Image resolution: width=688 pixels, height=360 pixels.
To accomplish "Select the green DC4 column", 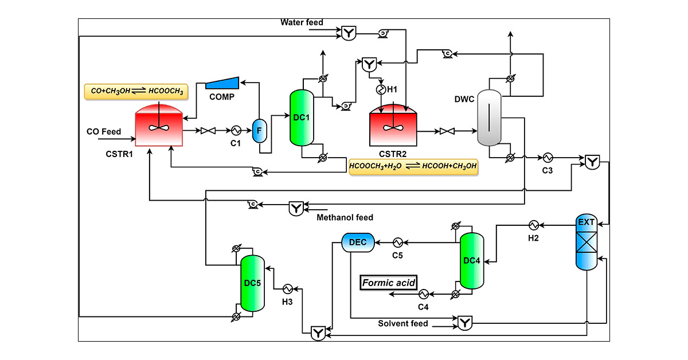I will tap(472, 261).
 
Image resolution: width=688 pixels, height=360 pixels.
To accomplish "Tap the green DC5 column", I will tap(252, 283).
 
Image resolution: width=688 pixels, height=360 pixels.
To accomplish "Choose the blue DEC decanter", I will tap(358, 242).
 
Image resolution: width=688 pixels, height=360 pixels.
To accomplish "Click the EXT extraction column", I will tap(587, 241).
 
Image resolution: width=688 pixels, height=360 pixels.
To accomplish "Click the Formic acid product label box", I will tap(388, 283).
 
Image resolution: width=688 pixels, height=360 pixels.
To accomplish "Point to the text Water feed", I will tap(302, 23).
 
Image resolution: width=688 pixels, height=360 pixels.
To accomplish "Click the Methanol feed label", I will tap(345, 218).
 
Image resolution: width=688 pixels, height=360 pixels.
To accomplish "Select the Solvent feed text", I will tap(402, 324).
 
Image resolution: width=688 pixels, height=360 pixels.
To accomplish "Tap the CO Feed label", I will tap(104, 132).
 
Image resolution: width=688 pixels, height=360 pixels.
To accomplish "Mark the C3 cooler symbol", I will tap(548, 157).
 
